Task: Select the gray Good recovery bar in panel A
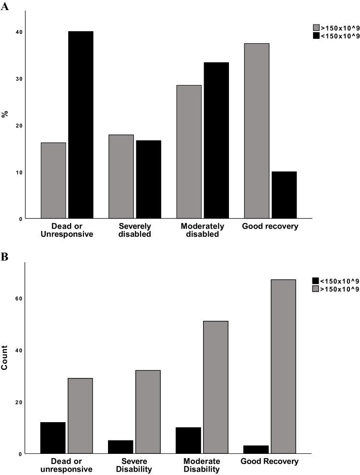click(x=256, y=131)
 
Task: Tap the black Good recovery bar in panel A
click(x=284, y=195)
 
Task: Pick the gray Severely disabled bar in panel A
click(x=121, y=177)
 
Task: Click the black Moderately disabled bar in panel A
click(x=216, y=140)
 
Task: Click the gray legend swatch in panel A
click(x=316, y=28)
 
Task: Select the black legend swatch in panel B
click(x=315, y=281)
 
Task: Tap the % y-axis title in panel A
click(x=5, y=115)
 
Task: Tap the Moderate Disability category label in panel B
click(x=202, y=465)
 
